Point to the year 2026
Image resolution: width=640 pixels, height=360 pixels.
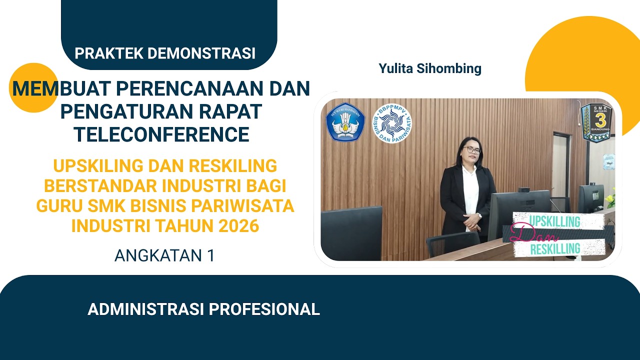(238, 226)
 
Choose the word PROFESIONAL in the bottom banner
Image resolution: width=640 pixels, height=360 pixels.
(264, 309)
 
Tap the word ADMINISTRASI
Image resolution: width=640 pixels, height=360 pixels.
(146, 309)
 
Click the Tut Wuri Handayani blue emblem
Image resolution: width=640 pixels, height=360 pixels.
(345, 121)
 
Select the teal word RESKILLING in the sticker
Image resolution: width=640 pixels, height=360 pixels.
(555, 248)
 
